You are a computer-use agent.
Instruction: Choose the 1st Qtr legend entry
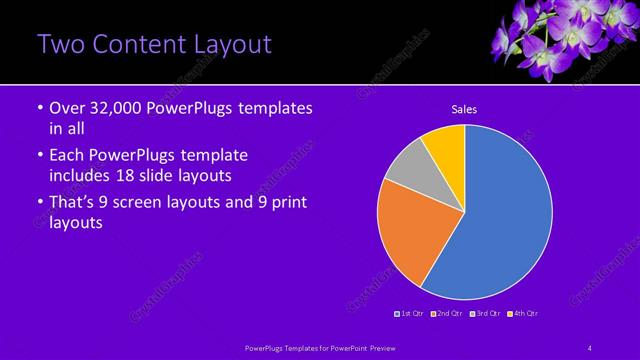click(x=412, y=314)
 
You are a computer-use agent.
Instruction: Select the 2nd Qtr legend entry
click(x=448, y=314)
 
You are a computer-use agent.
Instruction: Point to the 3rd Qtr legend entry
click(x=487, y=314)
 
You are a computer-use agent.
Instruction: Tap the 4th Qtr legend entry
click(x=524, y=314)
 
